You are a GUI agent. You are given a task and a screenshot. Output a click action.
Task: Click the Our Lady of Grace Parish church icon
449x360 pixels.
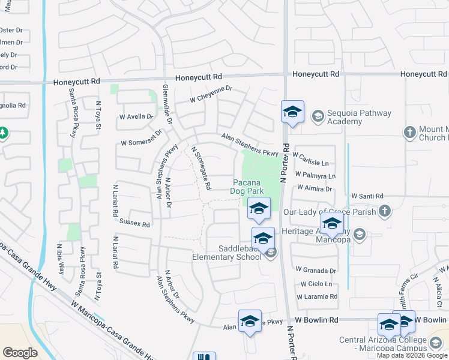pyautogui.click(x=385, y=211)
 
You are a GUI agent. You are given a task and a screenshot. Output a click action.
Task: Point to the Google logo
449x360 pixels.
pyautogui.click(x=20, y=352)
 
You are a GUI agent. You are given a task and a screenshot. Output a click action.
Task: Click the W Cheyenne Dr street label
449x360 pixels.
pyautogui.click(x=211, y=94)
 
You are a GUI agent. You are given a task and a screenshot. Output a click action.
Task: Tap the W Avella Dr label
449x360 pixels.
pyautogui.click(x=136, y=116)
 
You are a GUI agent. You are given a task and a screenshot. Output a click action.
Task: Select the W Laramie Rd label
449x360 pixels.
pyautogui.click(x=317, y=296)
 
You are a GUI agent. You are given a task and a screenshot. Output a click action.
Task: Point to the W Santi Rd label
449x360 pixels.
pyautogui.click(x=367, y=196)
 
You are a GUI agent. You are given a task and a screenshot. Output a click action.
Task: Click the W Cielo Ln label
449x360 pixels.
pyautogui.click(x=316, y=283)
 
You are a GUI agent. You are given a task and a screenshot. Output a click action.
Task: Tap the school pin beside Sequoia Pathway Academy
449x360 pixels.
pyautogui.click(x=292, y=112)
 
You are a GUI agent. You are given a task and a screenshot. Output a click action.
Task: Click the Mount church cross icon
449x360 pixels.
pyautogui.click(x=410, y=132)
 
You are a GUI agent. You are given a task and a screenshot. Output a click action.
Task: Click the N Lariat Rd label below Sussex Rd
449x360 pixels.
pyautogui.click(x=114, y=252)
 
